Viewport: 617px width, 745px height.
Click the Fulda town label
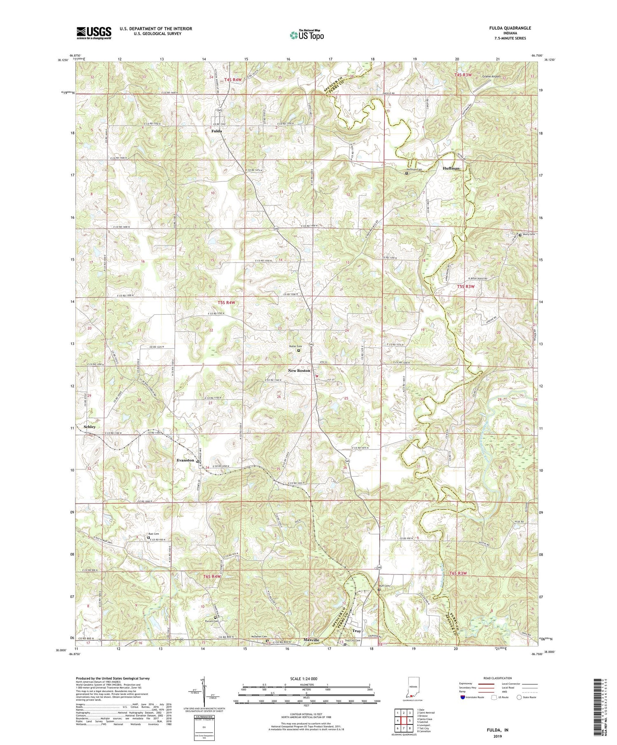(x=216, y=131)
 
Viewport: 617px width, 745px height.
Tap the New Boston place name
(x=299, y=371)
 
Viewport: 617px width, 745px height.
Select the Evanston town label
(x=185, y=460)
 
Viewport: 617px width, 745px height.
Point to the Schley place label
(x=90, y=427)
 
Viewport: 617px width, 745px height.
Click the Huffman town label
(x=451, y=168)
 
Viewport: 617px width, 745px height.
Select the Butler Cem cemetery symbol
(x=299, y=351)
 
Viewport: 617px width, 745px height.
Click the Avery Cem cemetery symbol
(x=520, y=235)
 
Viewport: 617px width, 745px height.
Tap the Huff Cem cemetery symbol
(x=379, y=590)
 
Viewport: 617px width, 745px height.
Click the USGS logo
(x=94, y=33)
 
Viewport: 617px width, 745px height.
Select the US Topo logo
(x=306, y=35)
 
